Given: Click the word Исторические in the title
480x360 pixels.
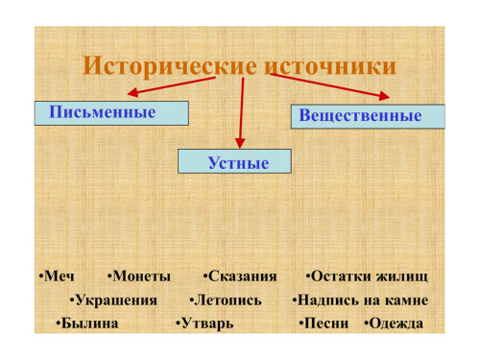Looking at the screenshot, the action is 170,66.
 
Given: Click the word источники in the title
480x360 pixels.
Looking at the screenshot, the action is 330,66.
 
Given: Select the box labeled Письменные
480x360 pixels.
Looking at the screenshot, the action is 111,113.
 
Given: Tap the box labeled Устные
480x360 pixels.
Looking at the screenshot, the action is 234,161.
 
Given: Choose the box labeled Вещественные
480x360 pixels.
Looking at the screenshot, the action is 368,116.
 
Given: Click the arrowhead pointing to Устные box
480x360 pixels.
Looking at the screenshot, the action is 240,143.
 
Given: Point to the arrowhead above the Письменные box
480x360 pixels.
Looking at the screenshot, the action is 132,92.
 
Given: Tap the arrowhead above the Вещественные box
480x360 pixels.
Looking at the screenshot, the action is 384,96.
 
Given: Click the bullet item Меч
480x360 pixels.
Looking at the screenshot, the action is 57,276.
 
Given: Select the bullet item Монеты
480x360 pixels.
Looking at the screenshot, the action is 139,276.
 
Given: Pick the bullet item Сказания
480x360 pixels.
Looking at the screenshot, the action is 240,276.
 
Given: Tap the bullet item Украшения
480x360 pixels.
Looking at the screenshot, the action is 113,300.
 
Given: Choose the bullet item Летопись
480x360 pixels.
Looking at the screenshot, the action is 226,300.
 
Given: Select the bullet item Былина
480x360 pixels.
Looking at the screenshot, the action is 87,324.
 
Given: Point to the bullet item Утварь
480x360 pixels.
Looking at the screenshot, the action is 204,324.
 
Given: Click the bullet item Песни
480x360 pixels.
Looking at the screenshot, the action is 324,324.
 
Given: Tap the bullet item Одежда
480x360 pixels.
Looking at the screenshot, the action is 394,324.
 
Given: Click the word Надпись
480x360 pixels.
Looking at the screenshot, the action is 324,300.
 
